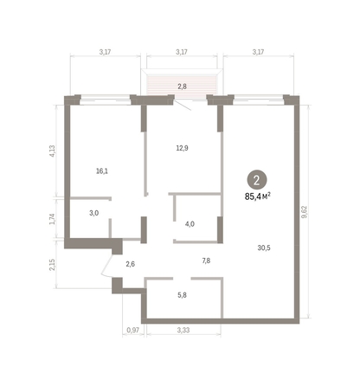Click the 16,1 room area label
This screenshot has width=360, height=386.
click(102, 171)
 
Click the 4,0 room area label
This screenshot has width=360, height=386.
click(190, 224)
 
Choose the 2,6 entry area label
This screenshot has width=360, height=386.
click(130, 264)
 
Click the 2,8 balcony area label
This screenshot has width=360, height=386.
click(182, 87)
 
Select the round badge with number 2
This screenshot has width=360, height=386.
click(256, 181)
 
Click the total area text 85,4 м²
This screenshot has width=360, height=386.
click(258, 196)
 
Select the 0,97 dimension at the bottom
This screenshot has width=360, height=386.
click(132, 331)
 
